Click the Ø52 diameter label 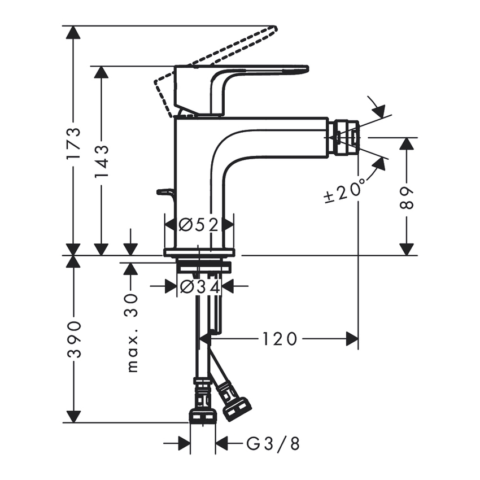[x=199, y=224]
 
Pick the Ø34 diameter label [x=199, y=287]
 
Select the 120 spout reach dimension [x=279, y=339]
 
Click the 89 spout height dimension [x=407, y=198]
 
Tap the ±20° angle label [x=345, y=193]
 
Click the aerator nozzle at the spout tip [x=344, y=137]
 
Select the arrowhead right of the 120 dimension [x=352, y=339]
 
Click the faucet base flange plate [x=199, y=252]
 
